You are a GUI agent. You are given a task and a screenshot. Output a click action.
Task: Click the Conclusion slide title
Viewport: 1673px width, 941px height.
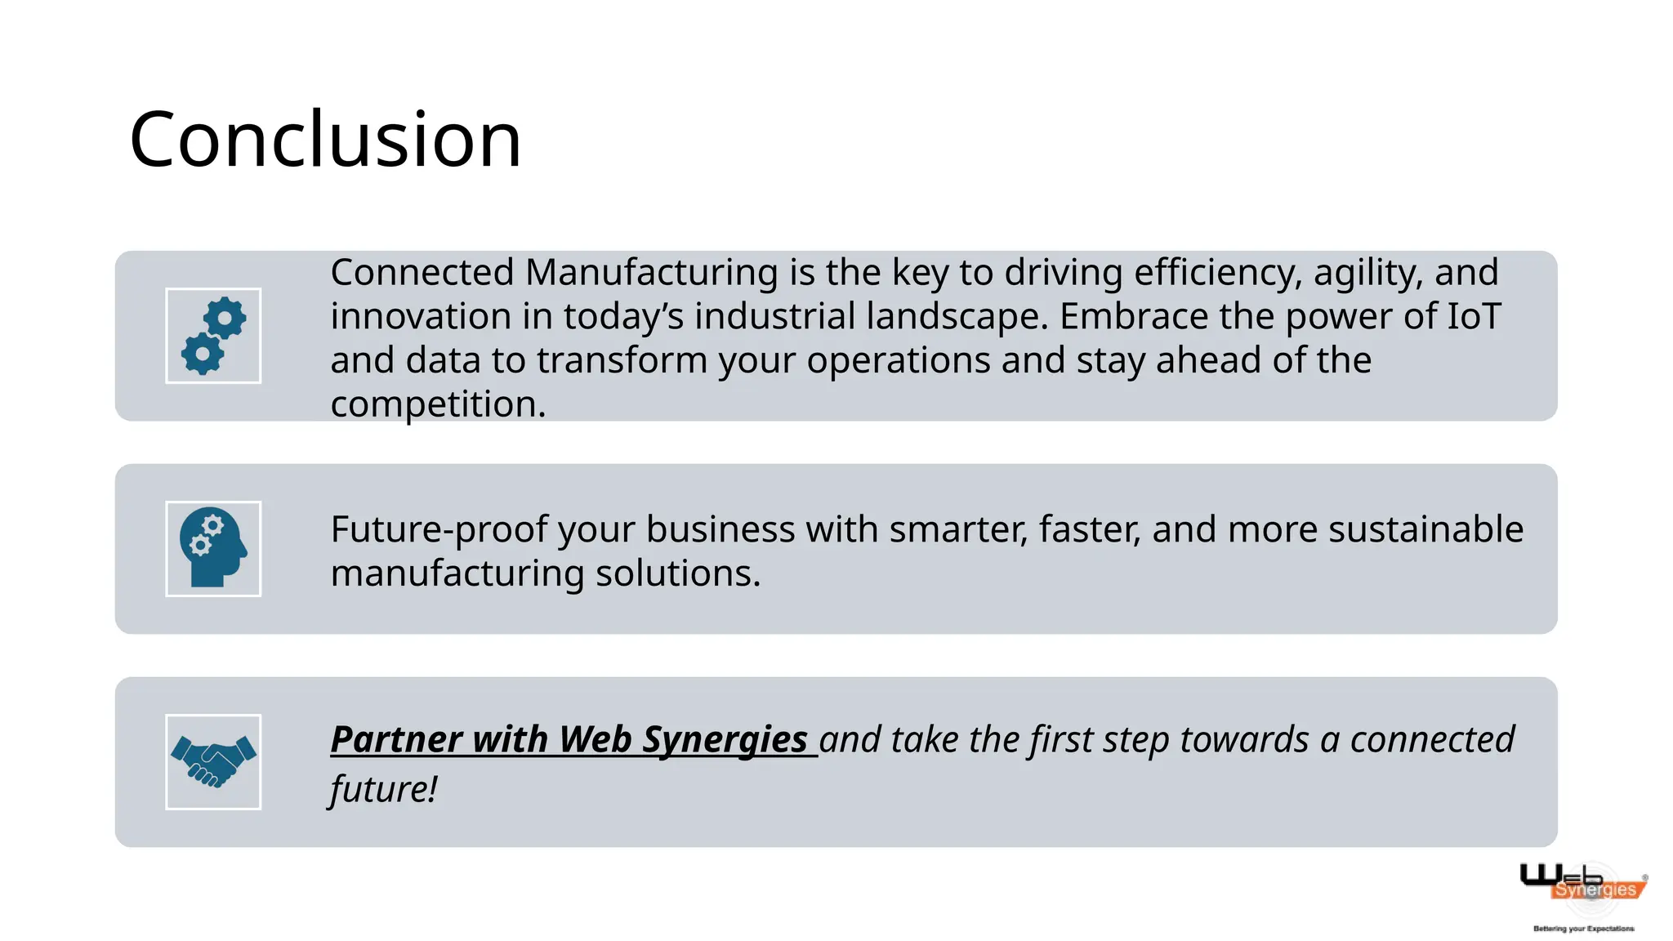[325, 140]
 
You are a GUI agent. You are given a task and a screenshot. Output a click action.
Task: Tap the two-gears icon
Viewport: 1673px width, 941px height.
[213, 336]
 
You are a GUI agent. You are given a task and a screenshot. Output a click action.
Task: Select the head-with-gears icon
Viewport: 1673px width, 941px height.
[213, 549]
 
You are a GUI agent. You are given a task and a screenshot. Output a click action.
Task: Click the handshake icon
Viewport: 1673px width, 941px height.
[213, 762]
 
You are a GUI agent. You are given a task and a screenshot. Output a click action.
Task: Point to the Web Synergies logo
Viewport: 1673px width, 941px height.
[1582, 885]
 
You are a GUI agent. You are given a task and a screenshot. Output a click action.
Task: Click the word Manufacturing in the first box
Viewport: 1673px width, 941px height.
[651, 273]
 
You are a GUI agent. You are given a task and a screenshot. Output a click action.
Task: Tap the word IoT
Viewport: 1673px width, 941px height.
[1474, 317]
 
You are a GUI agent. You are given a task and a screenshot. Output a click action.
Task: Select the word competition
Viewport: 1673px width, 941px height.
[437, 404]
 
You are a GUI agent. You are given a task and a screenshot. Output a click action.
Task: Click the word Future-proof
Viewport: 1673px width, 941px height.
[439, 530]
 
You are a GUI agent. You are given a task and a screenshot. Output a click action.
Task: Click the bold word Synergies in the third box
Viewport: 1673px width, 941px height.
[725, 740]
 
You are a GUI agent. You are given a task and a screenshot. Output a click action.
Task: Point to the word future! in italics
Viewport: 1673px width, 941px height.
[383, 789]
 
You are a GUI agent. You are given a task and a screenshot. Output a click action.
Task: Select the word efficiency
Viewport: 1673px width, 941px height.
[1217, 273]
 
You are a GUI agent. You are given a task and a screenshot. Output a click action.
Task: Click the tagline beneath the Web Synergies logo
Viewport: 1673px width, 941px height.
[1583, 929]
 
